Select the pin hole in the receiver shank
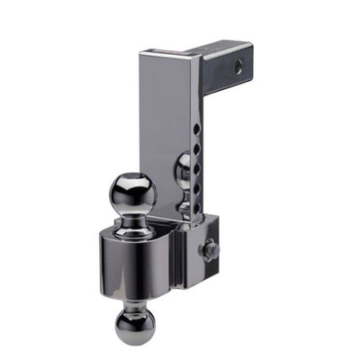pyautogui.click(x=238, y=66)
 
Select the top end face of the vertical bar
pyautogui.click(x=169, y=51)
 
